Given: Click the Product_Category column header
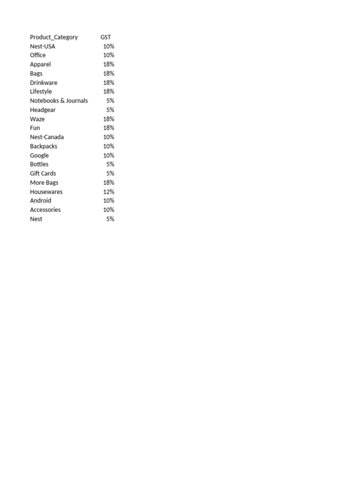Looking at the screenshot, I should click(x=54, y=37).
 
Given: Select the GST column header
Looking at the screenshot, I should click(x=105, y=37).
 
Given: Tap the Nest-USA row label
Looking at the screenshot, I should click(x=43, y=46).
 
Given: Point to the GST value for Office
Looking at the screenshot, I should click(x=109, y=55).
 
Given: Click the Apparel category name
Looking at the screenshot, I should click(x=40, y=64).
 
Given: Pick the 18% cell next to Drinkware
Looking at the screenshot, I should click(x=109, y=82).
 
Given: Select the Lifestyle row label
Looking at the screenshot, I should click(x=41, y=91).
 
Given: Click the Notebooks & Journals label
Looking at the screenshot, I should click(x=59, y=101).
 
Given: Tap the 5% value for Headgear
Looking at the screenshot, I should click(x=110, y=110).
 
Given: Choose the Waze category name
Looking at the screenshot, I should click(x=37, y=119).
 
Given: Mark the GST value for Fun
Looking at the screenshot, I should click(x=109, y=128).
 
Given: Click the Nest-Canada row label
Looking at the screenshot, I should click(x=47, y=137).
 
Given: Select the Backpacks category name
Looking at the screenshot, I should click(x=44, y=146).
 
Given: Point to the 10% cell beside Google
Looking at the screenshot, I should click(x=109, y=155).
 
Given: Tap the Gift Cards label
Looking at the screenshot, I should click(x=43, y=173).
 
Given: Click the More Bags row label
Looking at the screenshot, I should click(x=44, y=182).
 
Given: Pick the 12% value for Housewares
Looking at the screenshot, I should click(x=109, y=192).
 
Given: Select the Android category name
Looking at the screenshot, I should click(x=41, y=201).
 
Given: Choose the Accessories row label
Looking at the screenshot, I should click(x=45, y=210).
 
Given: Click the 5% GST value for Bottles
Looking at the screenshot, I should click(x=110, y=165).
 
